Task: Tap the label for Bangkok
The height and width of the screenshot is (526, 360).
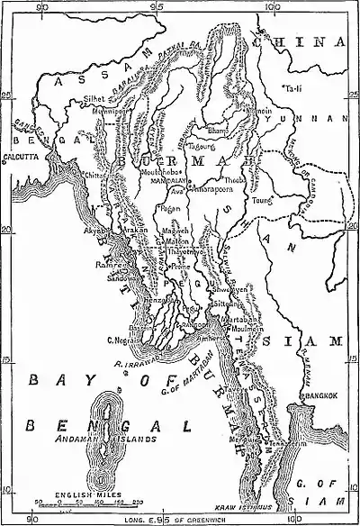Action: click(x=319, y=394)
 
